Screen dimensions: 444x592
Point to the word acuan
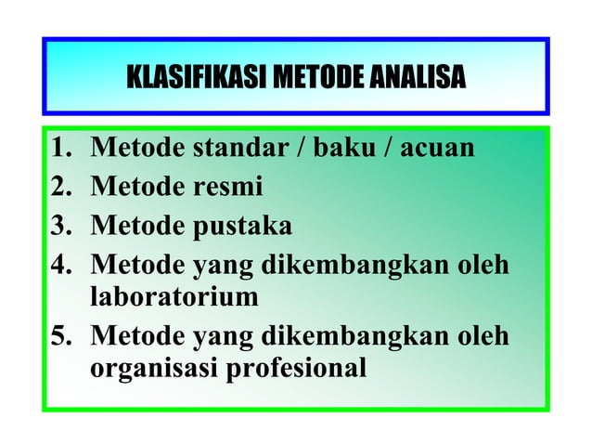click(x=437, y=148)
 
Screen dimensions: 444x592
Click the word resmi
click(x=226, y=187)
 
